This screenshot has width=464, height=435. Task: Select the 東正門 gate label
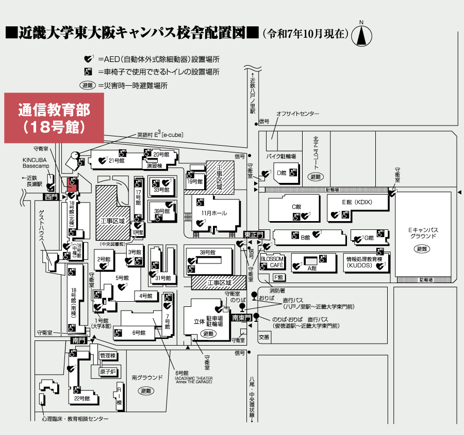[254, 235]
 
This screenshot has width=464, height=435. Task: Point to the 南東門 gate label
[241, 318]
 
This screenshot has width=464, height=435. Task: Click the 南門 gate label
[78, 340]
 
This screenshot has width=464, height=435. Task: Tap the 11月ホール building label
[214, 213]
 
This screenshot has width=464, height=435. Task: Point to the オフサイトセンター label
[297, 114]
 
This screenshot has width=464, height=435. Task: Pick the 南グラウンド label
[147, 378]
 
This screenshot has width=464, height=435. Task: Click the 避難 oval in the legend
[87, 85]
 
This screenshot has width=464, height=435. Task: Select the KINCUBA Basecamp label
[35, 163]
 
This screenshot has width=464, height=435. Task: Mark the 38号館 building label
[207, 252]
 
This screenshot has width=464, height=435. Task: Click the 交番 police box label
[264, 337]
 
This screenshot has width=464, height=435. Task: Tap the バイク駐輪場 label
[280, 156]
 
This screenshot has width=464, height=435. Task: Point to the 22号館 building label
[82, 399]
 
